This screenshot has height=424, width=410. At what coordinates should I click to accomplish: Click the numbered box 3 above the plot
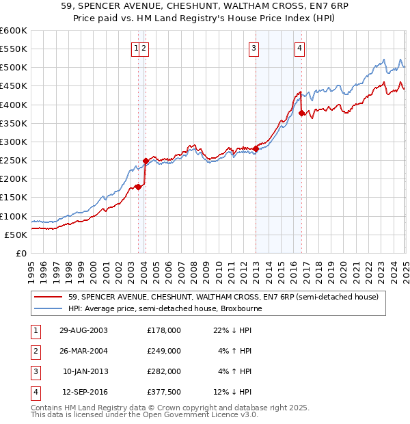pos(254,48)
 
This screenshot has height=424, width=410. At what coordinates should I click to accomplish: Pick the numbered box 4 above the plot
pos(299,48)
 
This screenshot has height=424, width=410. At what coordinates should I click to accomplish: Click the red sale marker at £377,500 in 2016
pos(301,114)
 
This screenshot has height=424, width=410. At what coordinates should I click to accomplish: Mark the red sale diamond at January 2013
pos(256,148)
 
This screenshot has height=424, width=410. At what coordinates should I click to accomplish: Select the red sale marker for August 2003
pos(138,187)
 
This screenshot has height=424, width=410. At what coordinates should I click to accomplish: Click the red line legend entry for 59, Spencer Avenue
pos(219,297)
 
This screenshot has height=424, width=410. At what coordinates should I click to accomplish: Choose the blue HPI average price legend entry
pos(165,308)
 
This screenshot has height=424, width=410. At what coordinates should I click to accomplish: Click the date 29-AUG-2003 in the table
pos(83,330)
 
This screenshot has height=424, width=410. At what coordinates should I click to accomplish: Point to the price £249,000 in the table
pos(164,351)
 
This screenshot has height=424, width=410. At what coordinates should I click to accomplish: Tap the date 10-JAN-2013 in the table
pos(85,371)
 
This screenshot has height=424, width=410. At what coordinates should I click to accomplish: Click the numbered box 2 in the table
pos(34,351)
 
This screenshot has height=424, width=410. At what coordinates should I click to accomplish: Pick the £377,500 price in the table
pos(164,392)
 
